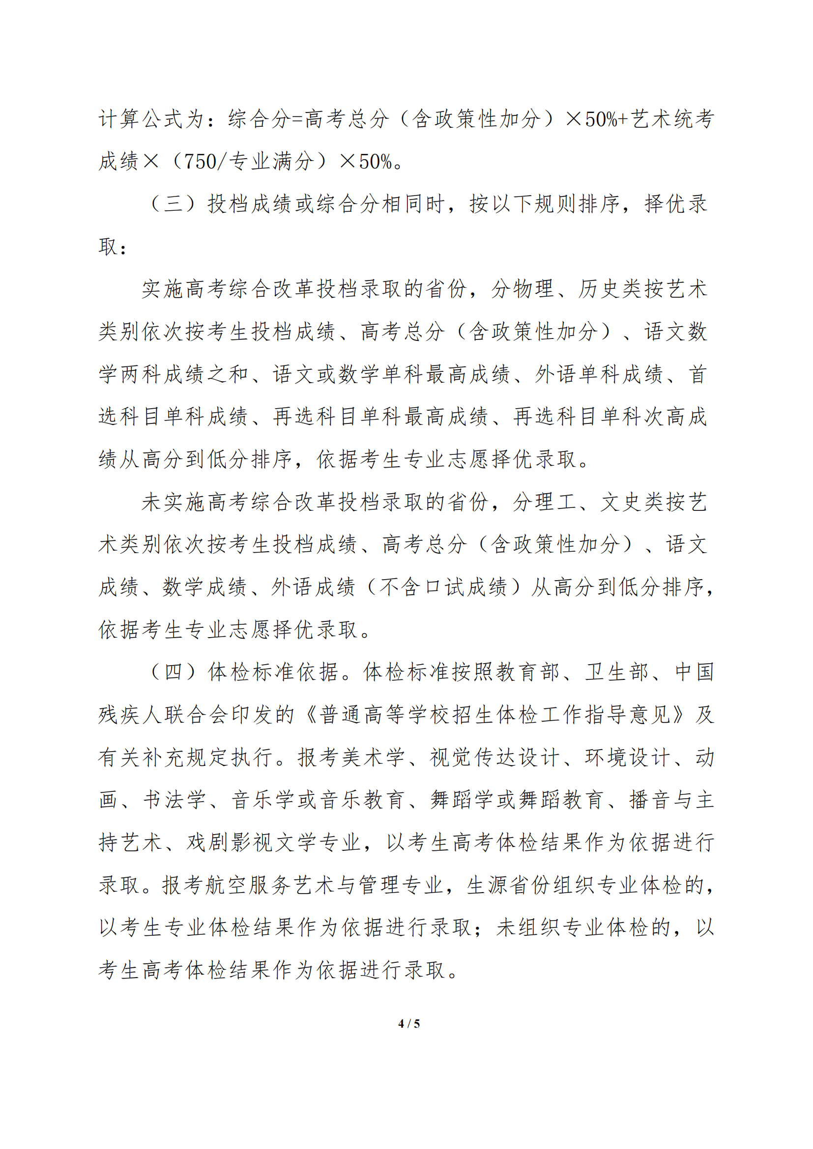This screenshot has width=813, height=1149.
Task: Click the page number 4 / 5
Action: (x=408, y=1024)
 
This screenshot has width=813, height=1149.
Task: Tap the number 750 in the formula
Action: (x=201, y=161)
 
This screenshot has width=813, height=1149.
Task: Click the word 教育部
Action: (x=527, y=672)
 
